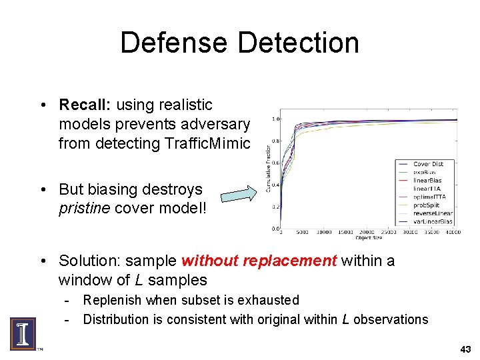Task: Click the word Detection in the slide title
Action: pyautogui.click(x=298, y=43)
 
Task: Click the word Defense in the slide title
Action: pyautogui.click(x=175, y=43)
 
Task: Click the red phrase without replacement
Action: pyautogui.click(x=259, y=261)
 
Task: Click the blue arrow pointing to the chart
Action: pyautogui.click(x=238, y=195)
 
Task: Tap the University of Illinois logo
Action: pyautogui.click(x=22, y=334)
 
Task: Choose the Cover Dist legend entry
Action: pyautogui.click(x=428, y=164)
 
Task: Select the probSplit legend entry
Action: pyautogui.click(x=427, y=205)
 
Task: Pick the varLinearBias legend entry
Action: pyautogui.click(x=433, y=221)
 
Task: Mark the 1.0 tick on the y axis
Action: pyautogui.click(x=275, y=119)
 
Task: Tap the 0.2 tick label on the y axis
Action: pyautogui.click(x=275, y=207)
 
